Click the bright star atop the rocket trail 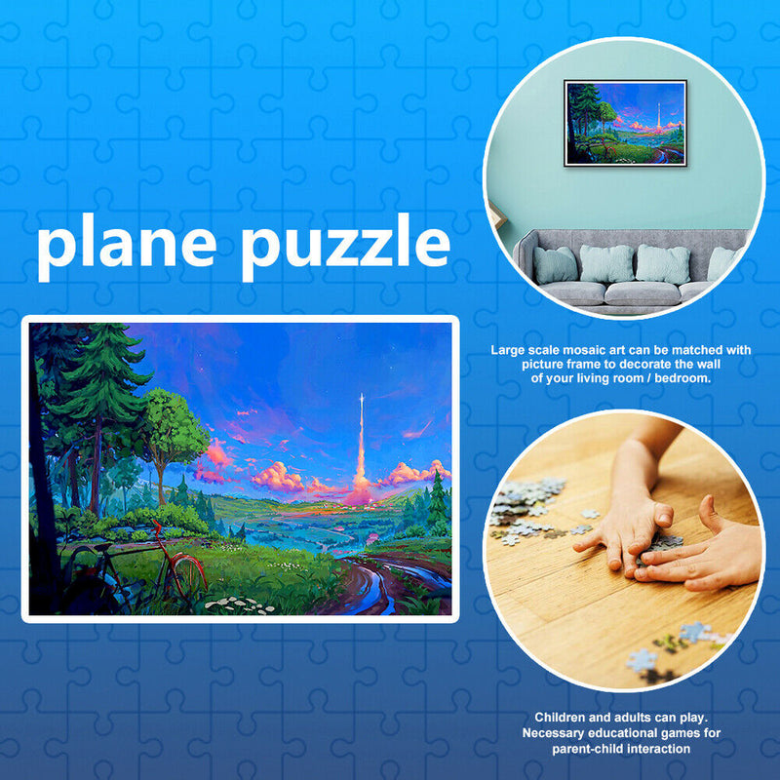pos(360,398)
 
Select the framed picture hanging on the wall pos(625,124)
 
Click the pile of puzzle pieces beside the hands pos(526,502)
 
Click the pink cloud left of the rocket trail pos(278,477)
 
